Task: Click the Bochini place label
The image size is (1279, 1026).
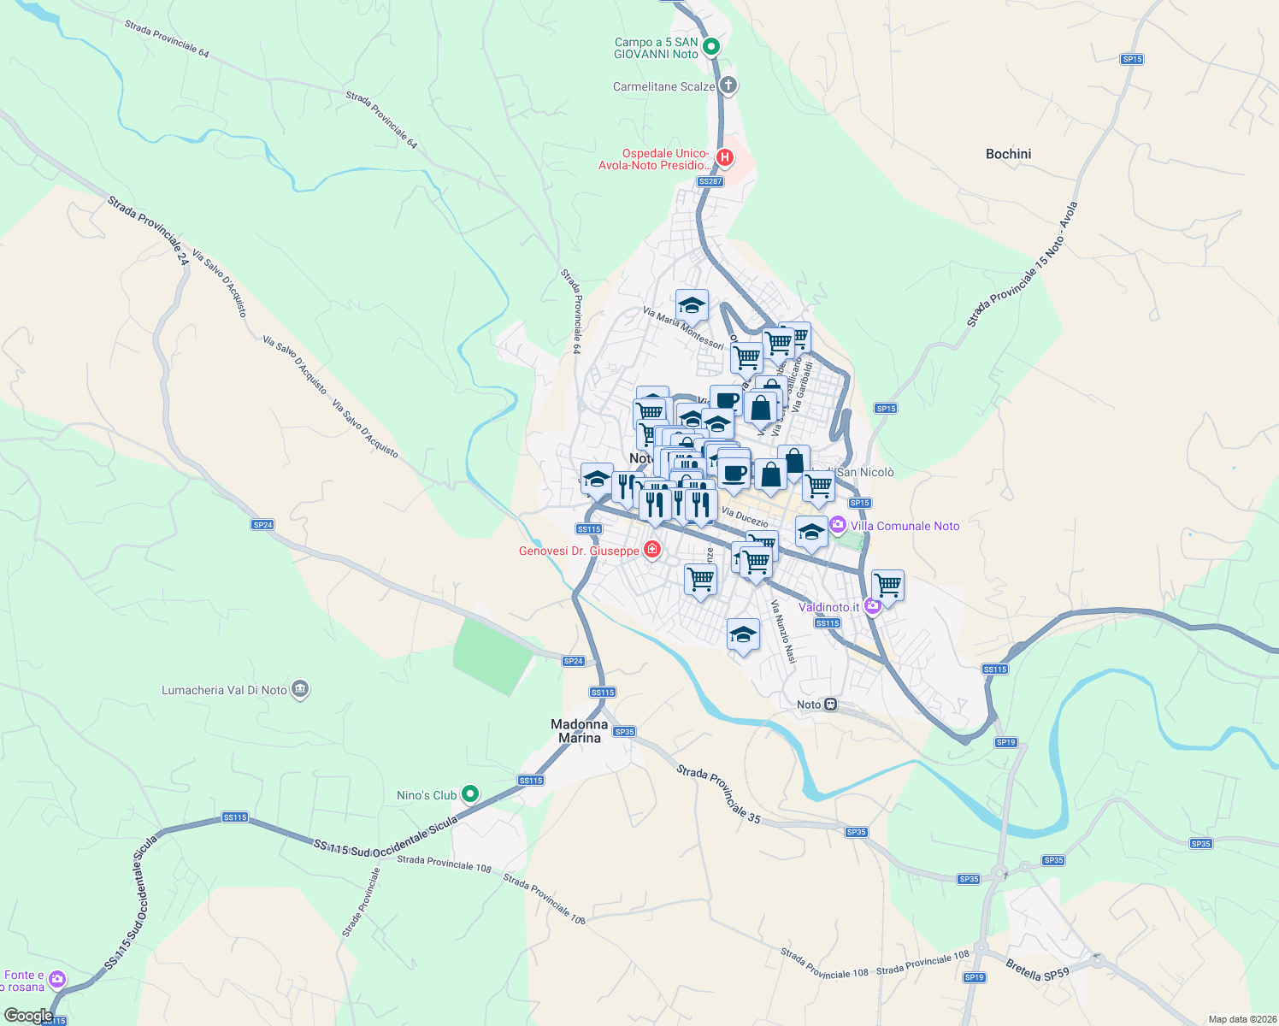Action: pyautogui.click(x=1008, y=154)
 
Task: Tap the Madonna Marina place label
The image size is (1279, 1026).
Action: pyautogui.click(x=579, y=731)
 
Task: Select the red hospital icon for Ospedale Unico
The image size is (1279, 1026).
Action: pyautogui.click(x=725, y=157)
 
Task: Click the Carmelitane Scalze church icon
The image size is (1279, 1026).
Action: pyautogui.click(x=728, y=85)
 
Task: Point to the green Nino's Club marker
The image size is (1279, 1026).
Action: pyautogui.click(x=469, y=794)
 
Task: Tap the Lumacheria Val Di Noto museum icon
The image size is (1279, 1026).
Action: pyautogui.click(x=299, y=690)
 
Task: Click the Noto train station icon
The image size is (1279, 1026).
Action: pyautogui.click(x=829, y=705)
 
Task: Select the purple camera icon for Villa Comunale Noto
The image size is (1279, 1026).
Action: pyautogui.click(x=838, y=524)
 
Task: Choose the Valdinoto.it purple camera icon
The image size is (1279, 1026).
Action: pyautogui.click(x=872, y=607)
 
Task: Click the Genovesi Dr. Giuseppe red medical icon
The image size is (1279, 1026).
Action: pyautogui.click(x=652, y=550)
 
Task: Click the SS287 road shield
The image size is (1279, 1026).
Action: pyautogui.click(x=710, y=181)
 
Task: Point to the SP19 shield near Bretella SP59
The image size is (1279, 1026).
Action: pyautogui.click(x=974, y=977)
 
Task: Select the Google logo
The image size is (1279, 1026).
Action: pyautogui.click(x=28, y=1016)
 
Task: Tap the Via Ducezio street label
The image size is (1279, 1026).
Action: pyautogui.click(x=744, y=517)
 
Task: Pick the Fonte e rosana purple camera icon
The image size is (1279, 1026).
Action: pyautogui.click(x=57, y=978)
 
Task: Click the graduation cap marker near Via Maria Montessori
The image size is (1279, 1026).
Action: pyautogui.click(x=692, y=304)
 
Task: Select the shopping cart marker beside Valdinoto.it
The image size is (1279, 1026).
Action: pyautogui.click(x=887, y=586)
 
